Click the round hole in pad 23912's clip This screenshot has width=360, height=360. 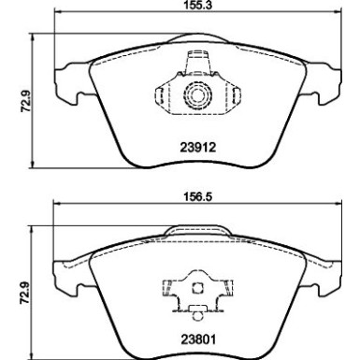coord(197,95)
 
